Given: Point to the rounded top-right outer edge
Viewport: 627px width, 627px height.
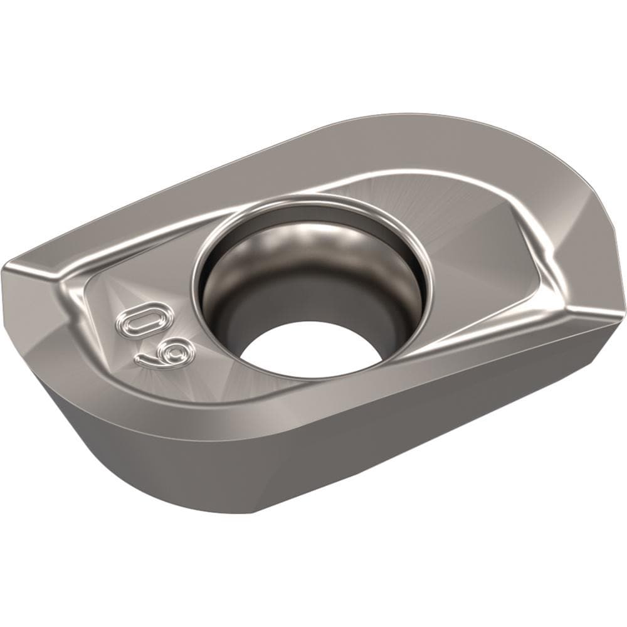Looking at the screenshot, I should coord(564,157).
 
